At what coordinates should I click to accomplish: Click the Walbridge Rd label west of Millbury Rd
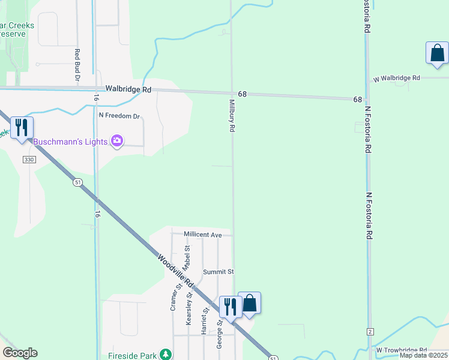(128, 89)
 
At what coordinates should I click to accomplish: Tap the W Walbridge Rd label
(397, 79)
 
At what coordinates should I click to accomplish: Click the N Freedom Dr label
(119, 116)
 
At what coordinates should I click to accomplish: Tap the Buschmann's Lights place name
(70, 142)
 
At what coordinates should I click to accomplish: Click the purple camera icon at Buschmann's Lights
(117, 142)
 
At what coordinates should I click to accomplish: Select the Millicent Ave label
(203, 234)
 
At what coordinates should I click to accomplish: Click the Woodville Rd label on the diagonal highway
(176, 271)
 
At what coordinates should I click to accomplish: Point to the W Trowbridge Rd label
(402, 350)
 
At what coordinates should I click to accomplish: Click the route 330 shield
(29, 160)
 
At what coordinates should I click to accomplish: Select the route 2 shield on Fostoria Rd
(370, 332)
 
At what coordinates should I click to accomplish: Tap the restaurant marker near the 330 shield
(22, 128)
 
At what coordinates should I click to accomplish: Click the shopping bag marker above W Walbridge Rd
(437, 53)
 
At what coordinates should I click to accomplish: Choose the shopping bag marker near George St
(250, 304)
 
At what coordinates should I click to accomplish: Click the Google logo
(20, 353)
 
